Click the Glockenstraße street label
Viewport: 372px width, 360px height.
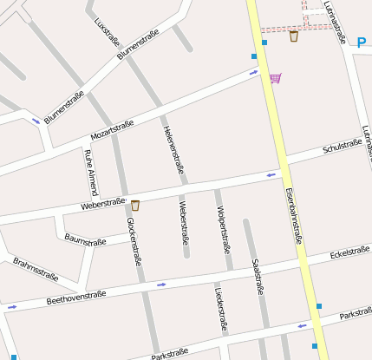point(134,241)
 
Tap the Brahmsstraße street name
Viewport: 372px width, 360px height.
point(36,269)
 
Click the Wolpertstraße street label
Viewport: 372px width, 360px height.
point(224,230)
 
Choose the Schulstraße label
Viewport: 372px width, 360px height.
point(342,146)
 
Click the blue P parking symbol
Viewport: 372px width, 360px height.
point(362,42)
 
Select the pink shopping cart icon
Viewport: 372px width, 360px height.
point(275,78)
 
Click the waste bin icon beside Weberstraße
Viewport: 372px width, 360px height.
point(135,206)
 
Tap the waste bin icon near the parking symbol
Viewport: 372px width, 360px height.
point(294,36)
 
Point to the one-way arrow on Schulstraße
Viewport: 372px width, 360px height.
point(271,175)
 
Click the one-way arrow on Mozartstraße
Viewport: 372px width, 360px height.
point(253,73)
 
